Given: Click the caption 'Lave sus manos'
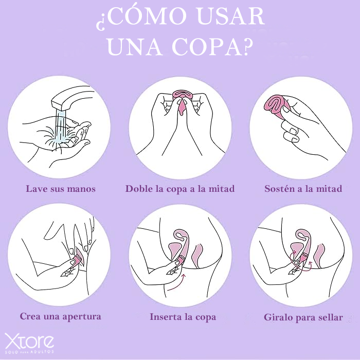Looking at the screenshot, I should (61, 189).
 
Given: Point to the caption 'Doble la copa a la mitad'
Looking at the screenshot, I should (180, 189).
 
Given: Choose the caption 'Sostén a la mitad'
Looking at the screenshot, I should (303, 189).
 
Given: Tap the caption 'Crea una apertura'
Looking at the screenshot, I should (60, 316).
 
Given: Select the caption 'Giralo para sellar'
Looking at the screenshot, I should (303, 317).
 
